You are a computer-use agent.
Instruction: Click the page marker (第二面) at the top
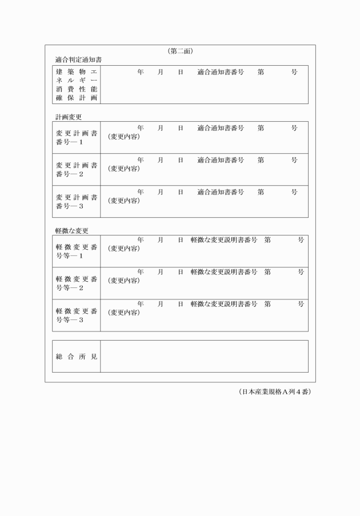click(x=180, y=51)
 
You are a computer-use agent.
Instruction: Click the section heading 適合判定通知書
click(x=79, y=59)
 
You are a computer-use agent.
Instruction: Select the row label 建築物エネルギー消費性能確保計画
click(x=77, y=85)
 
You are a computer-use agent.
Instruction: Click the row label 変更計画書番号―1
click(x=77, y=137)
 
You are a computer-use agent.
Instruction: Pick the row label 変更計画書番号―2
click(x=77, y=169)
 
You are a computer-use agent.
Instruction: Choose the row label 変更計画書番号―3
click(x=77, y=201)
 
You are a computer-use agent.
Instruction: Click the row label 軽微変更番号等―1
click(x=77, y=251)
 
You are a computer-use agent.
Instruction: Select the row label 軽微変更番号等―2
click(x=77, y=283)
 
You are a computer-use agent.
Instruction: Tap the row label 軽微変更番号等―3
click(x=77, y=315)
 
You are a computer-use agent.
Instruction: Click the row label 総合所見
click(x=77, y=357)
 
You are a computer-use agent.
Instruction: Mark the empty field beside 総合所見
click(x=204, y=357)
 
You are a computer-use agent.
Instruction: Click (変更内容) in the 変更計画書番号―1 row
click(x=123, y=137)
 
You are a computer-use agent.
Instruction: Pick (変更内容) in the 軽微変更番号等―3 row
click(x=123, y=312)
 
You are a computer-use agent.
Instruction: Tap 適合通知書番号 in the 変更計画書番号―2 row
click(x=221, y=160)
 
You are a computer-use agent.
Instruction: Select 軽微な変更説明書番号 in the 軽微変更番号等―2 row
click(x=224, y=272)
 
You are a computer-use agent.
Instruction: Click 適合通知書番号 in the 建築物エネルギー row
click(x=221, y=73)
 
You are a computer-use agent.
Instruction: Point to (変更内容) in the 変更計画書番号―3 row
click(x=123, y=201)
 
